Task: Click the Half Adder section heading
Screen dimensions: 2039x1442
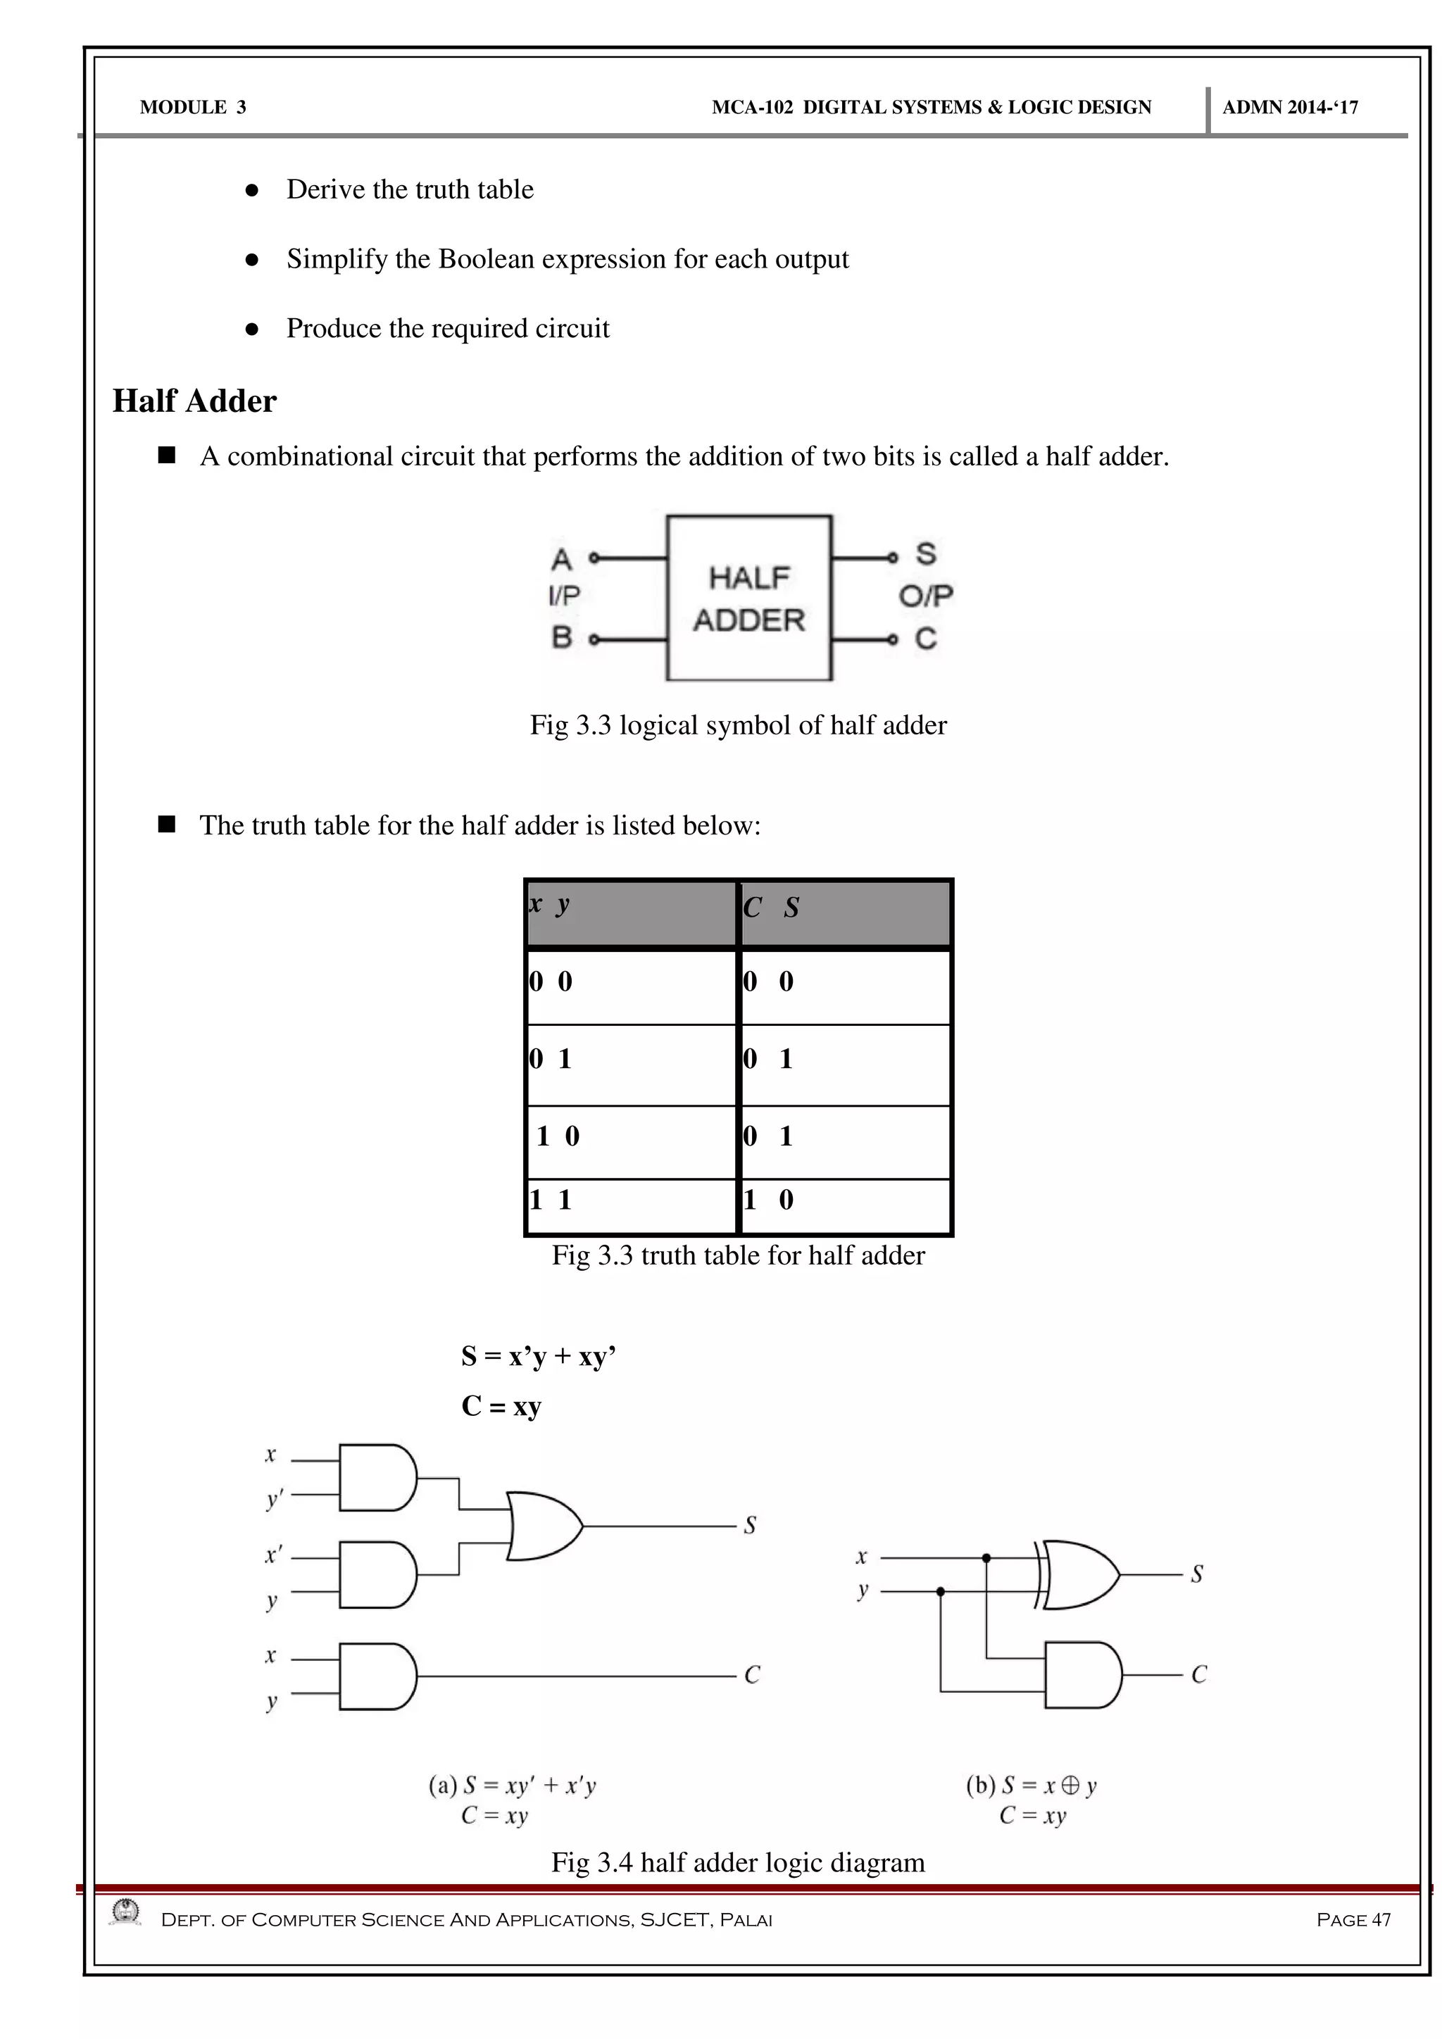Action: [x=194, y=401]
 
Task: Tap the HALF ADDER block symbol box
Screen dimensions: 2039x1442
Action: [x=748, y=598]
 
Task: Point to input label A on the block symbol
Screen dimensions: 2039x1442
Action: [x=561, y=560]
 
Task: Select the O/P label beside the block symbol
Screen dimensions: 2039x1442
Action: [x=925, y=596]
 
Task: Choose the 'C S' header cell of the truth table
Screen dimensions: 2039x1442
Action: [x=844, y=913]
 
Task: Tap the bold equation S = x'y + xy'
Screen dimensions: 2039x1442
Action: [x=538, y=1356]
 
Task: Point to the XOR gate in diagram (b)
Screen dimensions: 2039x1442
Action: [x=1079, y=1574]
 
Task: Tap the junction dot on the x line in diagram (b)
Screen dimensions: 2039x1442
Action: [x=986, y=1557]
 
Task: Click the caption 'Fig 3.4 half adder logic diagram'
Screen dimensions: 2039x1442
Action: [x=738, y=1862]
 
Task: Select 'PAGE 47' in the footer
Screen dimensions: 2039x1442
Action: [x=1353, y=1920]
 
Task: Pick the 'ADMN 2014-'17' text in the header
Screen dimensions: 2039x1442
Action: [x=1290, y=108]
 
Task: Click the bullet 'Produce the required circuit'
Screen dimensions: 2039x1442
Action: [x=448, y=329]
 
